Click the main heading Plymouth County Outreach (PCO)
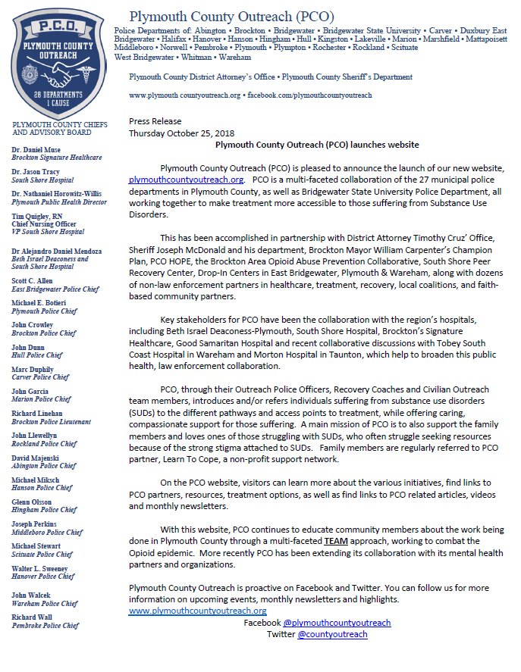pos(231,17)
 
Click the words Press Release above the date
pos(155,120)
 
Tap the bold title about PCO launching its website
pos(317,144)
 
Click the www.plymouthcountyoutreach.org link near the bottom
pos(197,610)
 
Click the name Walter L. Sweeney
pos(39,567)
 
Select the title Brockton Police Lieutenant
pos(52,420)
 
